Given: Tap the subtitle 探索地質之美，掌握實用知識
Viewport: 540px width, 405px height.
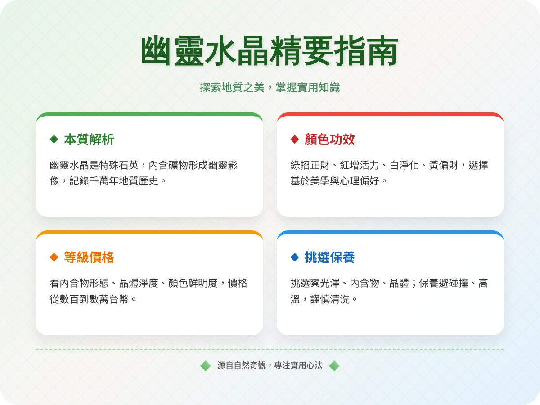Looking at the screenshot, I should coord(270,87).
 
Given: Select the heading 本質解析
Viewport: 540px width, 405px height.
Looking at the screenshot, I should coord(89,139).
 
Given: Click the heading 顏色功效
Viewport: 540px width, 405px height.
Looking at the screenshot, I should coord(329,139).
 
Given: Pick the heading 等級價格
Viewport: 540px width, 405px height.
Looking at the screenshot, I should coord(89,257).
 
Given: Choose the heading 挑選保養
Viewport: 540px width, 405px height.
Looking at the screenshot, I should coord(329,257).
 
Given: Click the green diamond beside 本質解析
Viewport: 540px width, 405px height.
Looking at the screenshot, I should coord(54,139).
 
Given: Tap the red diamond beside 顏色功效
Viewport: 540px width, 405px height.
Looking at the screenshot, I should coord(295,139).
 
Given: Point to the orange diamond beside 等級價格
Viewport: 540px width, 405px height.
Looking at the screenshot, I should coord(54,257).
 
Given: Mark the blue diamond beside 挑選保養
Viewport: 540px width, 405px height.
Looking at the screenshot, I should coord(295,257).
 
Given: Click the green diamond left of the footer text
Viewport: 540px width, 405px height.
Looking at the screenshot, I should coord(206,365).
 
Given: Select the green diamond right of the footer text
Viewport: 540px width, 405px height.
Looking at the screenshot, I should coord(334,365).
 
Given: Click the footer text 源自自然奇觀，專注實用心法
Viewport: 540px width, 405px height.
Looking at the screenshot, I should coord(270,365).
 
